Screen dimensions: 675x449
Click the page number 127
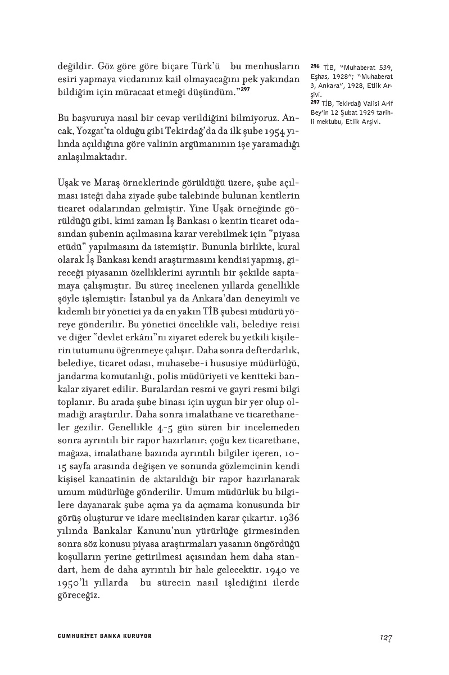(x=385, y=637)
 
